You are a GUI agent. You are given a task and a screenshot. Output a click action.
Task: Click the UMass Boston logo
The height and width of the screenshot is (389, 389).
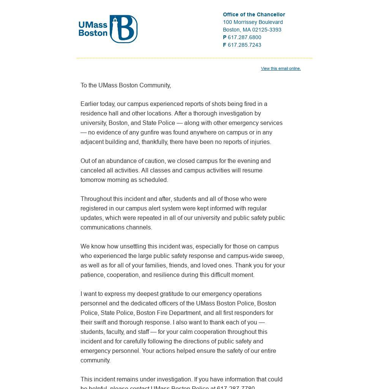[108, 29]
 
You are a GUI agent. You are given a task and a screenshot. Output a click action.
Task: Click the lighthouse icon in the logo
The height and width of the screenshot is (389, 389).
[115, 27]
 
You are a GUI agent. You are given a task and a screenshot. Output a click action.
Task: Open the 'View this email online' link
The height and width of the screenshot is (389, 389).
[281, 68]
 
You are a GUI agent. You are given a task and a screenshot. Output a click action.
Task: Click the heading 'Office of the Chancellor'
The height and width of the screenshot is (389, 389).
[254, 14]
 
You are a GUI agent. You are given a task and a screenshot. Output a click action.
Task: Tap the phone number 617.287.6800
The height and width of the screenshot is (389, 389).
[244, 37]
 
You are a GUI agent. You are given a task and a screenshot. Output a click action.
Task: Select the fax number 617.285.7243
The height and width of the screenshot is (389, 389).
[244, 45]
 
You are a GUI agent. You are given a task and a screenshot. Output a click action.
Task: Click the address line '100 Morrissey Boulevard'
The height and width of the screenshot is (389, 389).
[253, 22]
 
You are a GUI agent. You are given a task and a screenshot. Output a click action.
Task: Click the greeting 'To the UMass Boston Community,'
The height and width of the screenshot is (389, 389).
[126, 85]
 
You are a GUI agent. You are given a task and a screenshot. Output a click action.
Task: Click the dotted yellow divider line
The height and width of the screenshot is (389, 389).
[194, 58]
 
